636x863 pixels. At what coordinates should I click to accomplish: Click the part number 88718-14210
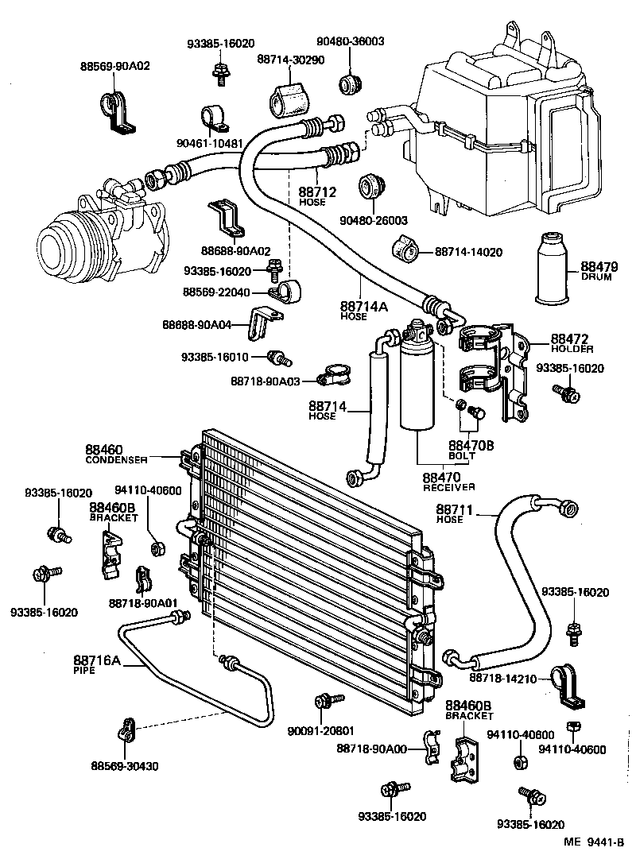tap(504, 678)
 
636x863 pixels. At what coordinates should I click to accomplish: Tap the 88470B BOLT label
tap(471, 450)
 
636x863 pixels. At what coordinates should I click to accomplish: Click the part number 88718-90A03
tap(265, 381)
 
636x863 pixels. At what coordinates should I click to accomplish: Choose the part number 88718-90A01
tap(143, 602)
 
